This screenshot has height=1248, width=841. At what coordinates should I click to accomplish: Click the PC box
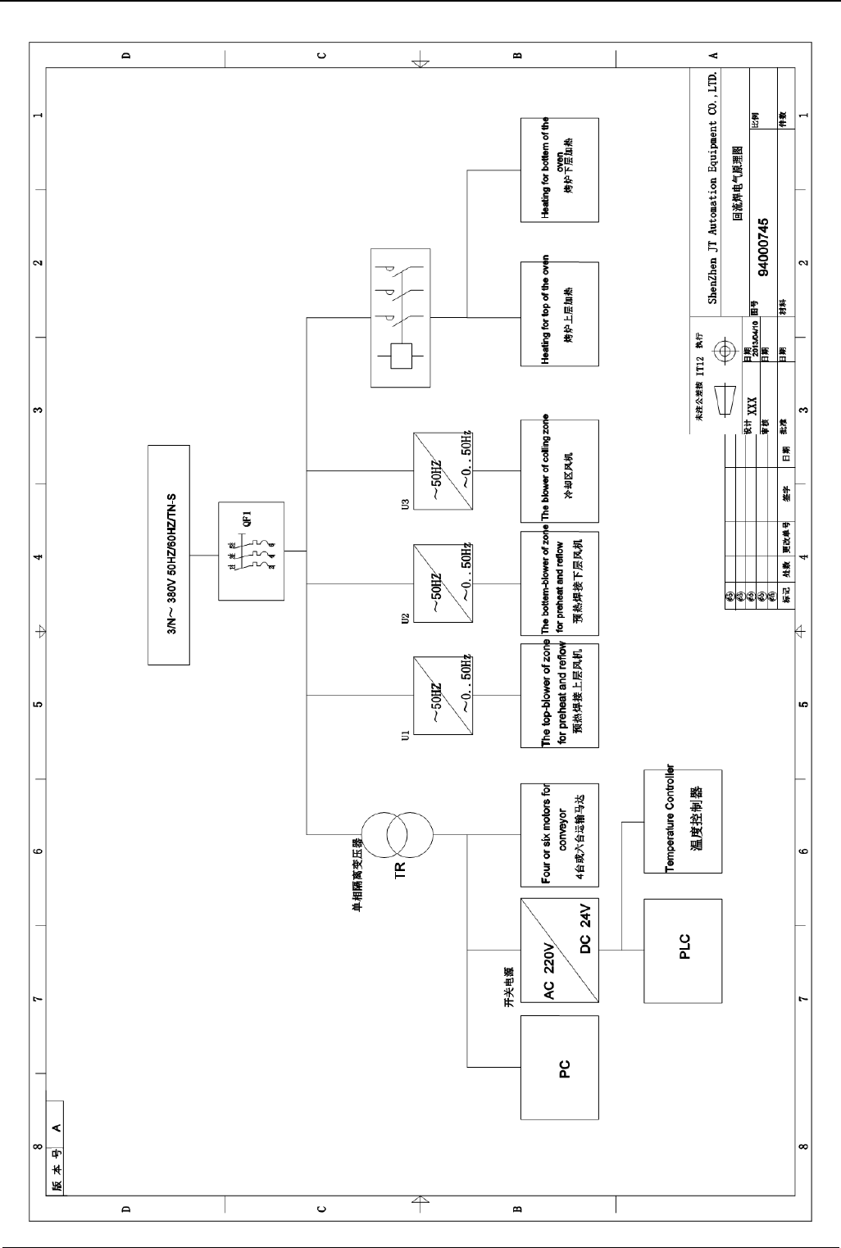pos(560,1068)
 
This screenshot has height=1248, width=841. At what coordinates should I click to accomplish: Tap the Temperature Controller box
pos(683,821)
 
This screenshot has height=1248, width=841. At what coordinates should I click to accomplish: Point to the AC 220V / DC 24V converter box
pos(560,950)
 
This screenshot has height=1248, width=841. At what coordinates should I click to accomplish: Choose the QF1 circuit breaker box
pos(252,551)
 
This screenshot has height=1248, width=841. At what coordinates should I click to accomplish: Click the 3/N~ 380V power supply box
pos(168,554)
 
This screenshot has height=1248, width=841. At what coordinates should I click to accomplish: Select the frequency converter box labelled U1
pos(443,696)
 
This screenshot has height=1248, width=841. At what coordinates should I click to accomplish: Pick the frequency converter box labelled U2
pos(443,583)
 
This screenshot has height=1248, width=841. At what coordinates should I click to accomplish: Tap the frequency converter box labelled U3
pos(443,471)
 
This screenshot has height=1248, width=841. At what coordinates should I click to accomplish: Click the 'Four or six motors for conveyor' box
pos(560,835)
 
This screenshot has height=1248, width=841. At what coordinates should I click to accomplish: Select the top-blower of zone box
pos(560,696)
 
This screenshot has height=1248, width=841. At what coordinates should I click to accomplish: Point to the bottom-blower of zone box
pos(560,583)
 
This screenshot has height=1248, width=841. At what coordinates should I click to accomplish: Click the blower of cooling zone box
pos(560,471)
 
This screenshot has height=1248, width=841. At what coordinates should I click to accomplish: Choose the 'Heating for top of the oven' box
pos(560,314)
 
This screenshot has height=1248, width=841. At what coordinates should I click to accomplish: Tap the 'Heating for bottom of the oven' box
pos(560,170)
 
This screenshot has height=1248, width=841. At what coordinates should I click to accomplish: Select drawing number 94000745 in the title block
pos(763,249)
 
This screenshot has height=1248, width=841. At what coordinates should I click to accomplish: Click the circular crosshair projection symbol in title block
pos(724,352)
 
